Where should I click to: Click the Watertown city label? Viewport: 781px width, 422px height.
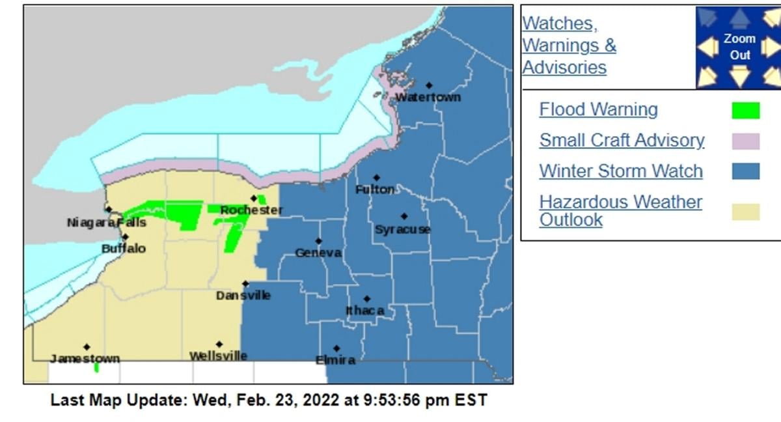coord(428,97)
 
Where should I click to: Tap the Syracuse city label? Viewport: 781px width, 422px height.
coord(402,229)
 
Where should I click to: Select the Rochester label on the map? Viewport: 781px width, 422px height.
coord(251,210)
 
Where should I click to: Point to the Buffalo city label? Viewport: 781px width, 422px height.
coord(124,249)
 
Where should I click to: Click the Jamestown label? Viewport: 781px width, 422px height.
coord(85,359)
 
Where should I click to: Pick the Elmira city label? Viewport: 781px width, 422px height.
coord(335,360)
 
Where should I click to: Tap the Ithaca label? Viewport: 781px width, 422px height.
coord(364,311)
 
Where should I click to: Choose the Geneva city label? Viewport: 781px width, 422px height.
coord(318,253)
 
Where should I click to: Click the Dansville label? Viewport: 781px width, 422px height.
coord(243,296)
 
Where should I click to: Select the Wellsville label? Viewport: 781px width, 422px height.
coord(218,356)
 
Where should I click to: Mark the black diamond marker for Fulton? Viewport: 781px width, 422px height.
coord(376,178)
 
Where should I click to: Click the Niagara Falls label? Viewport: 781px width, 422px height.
coord(106,223)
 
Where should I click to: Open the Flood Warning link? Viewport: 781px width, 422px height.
coord(598,109)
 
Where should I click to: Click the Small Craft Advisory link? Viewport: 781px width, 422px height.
coord(622,140)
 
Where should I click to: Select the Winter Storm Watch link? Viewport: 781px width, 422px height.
coord(621,171)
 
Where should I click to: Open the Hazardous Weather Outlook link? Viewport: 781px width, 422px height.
coord(620,210)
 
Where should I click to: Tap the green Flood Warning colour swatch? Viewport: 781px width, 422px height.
coord(745,111)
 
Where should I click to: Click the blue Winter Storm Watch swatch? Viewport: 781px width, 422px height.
coord(745,171)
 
